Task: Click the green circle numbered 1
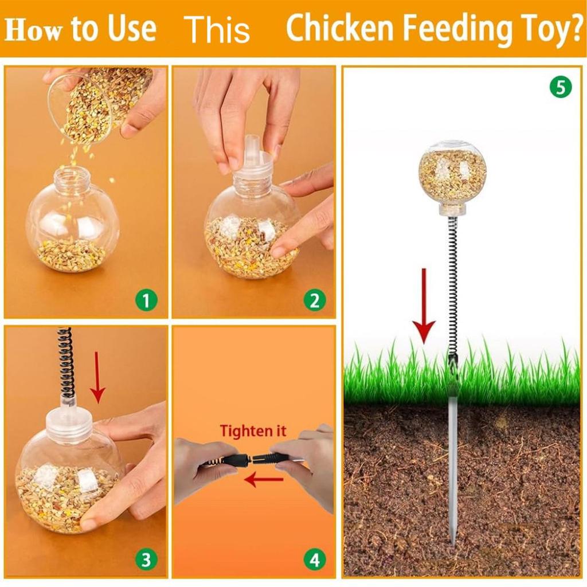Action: point(146,300)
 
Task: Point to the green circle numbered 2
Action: point(315,300)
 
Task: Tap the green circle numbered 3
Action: point(146,559)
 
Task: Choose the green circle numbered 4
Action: point(315,559)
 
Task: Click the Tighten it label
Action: point(253,431)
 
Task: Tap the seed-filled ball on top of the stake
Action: point(452,174)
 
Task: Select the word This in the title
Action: point(217,29)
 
